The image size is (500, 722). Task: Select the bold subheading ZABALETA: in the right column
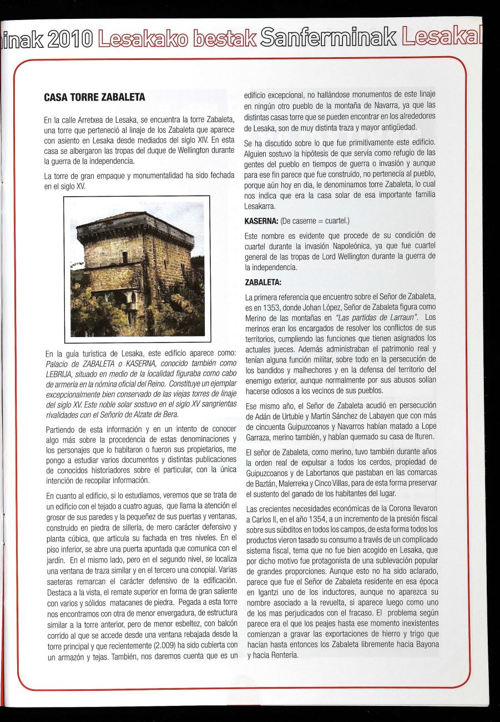[262, 282]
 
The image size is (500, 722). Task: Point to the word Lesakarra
[262, 206]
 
